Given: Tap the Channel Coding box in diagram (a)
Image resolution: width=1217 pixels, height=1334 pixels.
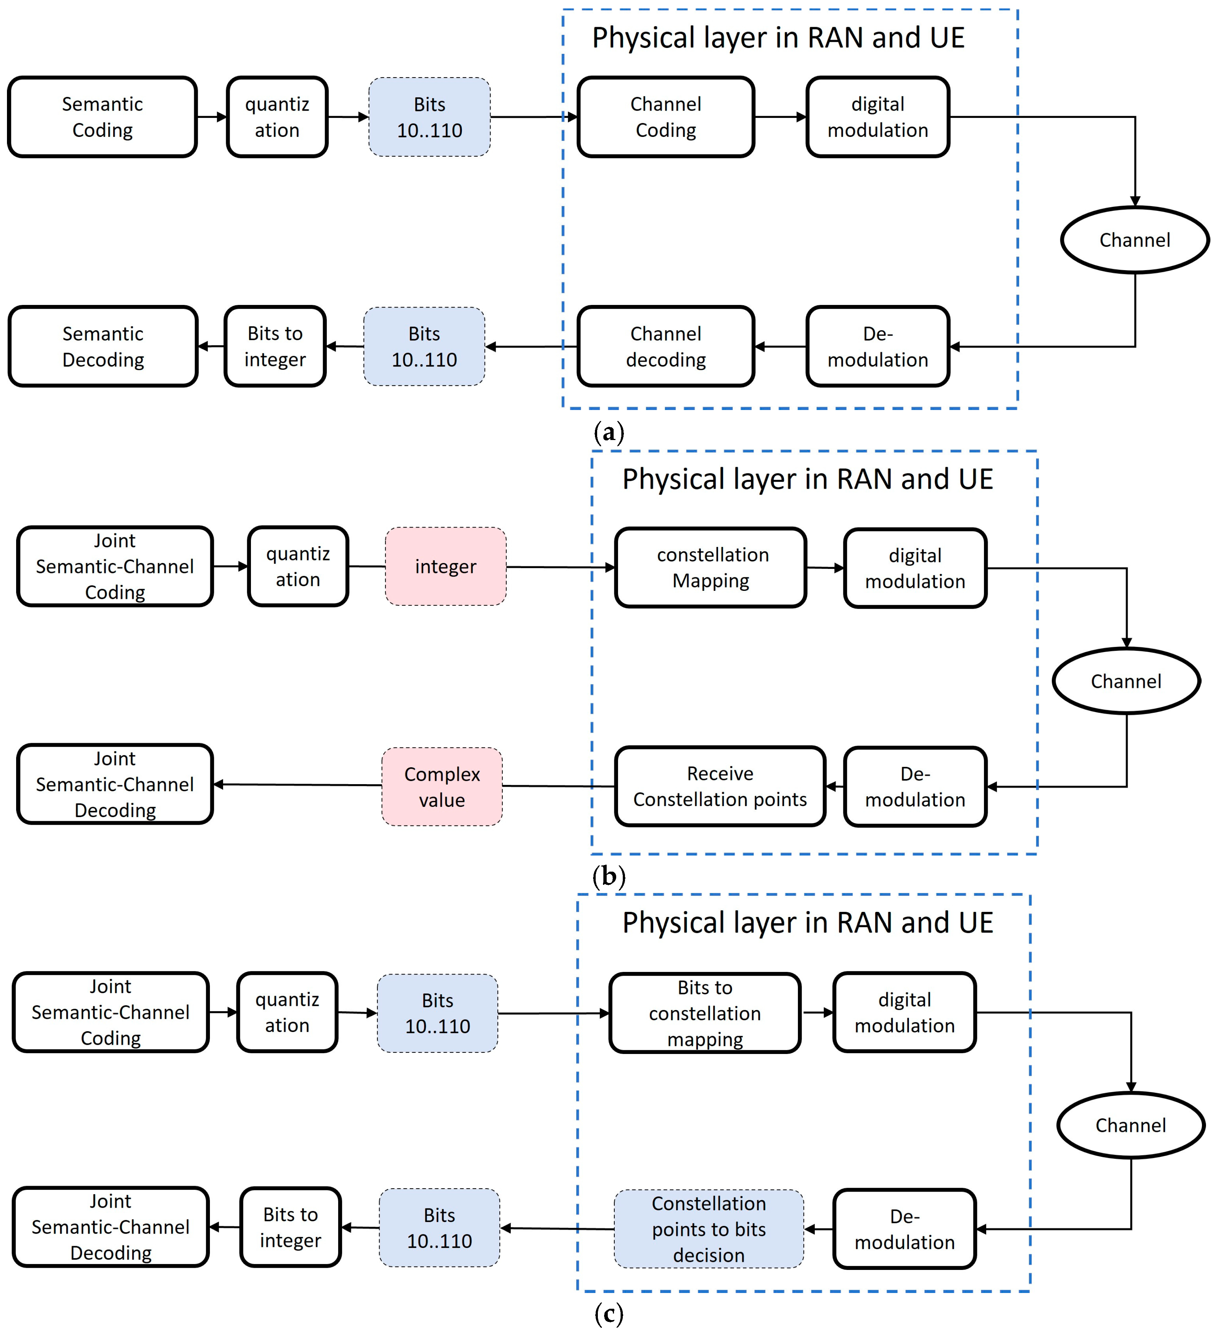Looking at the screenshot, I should click(x=665, y=117).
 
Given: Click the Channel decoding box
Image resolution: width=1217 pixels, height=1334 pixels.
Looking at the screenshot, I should click(x=665, y=346).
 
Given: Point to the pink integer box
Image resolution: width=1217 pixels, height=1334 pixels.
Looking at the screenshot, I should click(x=445, y=566).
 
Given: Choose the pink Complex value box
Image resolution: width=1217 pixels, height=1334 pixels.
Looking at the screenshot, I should click(x=442, y=787).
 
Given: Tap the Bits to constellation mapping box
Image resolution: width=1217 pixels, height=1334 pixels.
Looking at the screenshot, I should click(x=704, y=1013).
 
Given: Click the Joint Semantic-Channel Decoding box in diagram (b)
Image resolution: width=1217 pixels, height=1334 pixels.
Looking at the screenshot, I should click(x=115, y=784).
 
